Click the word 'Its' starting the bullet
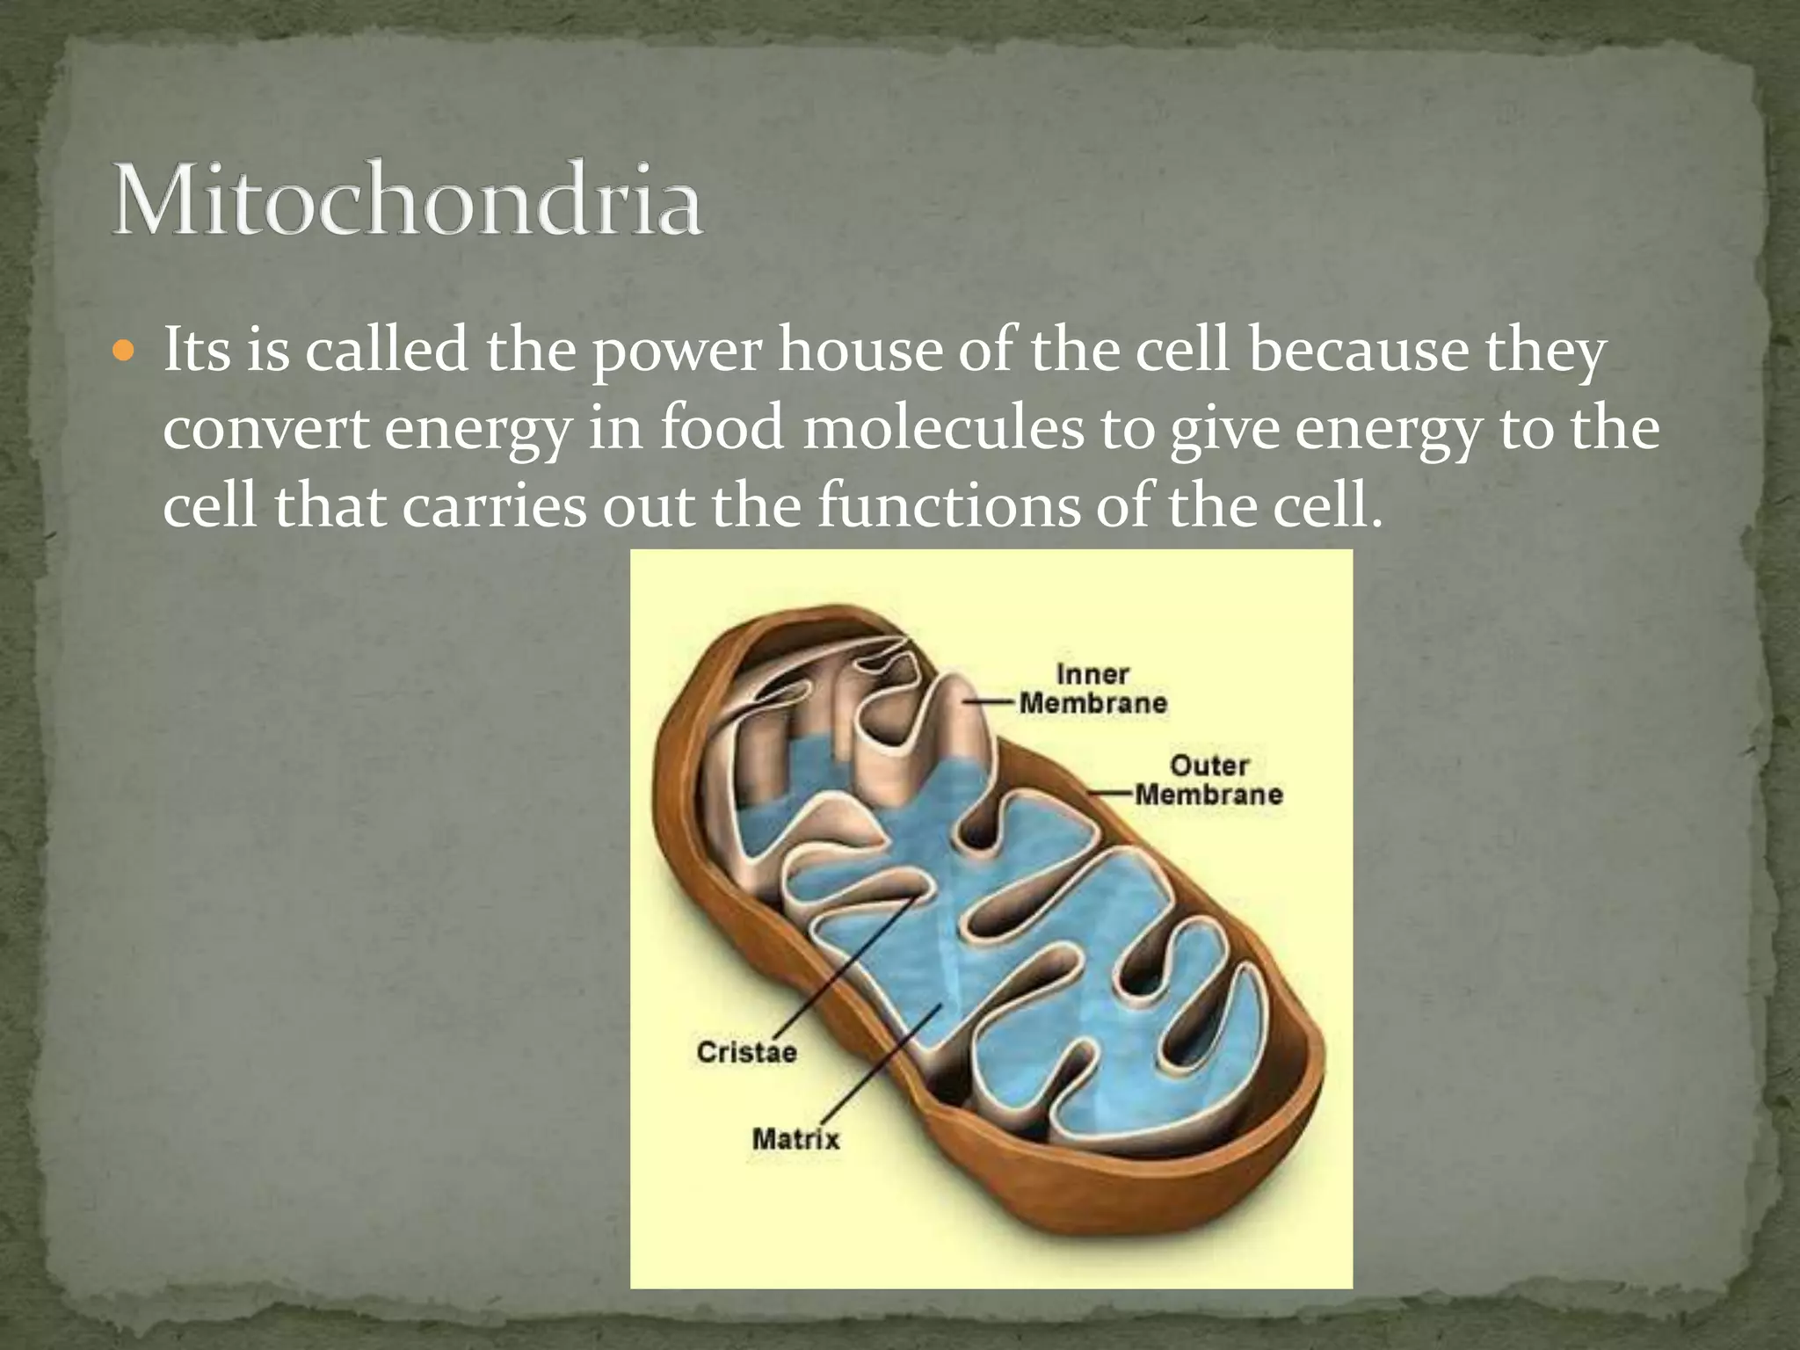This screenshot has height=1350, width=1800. (195, 351)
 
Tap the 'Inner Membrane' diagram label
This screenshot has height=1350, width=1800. (1092, 689)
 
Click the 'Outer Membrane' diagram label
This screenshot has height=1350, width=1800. (1208, 780)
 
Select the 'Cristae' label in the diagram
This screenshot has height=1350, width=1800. (746, 1052)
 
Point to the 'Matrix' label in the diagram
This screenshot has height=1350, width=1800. (795, 1140)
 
